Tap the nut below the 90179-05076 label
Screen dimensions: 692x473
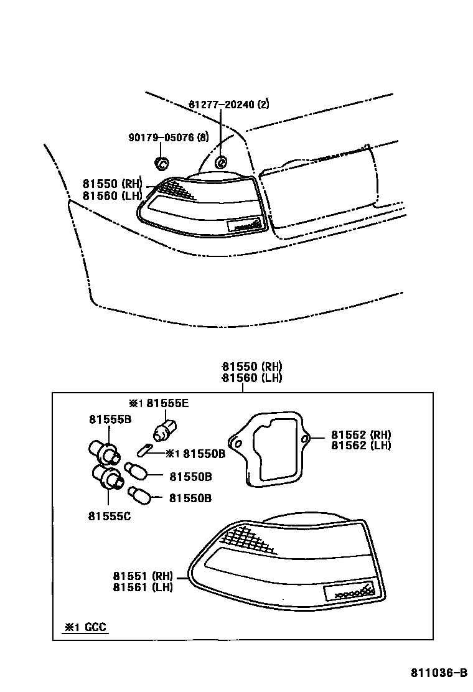[x=161, y=164]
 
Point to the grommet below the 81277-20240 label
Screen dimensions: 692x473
[x=220, y=163]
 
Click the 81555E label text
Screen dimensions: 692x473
[x=167, y=403]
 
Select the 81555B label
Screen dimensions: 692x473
[x=110, y=420]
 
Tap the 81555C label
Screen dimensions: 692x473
[x=109, y=516]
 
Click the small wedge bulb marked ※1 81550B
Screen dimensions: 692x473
[x=144, y=449]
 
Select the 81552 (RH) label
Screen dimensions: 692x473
[x=361, y=435]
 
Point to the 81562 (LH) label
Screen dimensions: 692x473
[x=361, y=445]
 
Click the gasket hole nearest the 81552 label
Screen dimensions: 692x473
[x=305, y=440]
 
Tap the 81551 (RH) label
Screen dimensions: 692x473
[x=143, y=576]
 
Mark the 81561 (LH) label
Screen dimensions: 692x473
[x=143, y=586]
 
